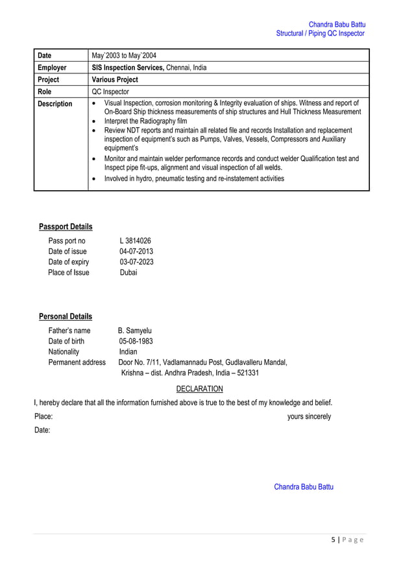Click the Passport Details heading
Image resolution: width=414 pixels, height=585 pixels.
pyautogui.click(x=66, y=227)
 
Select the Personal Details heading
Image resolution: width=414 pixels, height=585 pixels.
pyautogui.click(x=66, y=316)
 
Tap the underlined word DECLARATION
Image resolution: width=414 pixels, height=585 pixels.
pyautogui.click(x=199, y=389)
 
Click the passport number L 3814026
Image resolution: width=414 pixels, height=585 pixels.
pyautogui.click(x=135, y=241)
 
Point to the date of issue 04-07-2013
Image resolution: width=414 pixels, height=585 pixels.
pyautogui.click(x=136, y=251)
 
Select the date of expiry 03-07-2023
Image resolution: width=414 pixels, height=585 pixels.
pyautogui.click(x=136, y=262)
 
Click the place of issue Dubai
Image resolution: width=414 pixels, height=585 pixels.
pyautogui.click(x=128, y=272)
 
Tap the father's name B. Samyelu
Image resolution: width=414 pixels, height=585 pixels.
pyautogui.click(x=134, y=330)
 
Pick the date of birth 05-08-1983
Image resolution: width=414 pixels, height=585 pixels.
pyautogui.click(x=136, y=341)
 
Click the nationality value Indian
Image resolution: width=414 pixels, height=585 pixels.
pyautogui.click(x=128, y=351)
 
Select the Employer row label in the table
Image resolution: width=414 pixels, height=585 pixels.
pyautogui.click(x=52, y=68)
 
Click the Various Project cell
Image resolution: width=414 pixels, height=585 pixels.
pyautogui.click(x=115, y=80)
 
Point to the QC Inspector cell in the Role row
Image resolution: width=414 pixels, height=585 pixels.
pyautogui.click(x=110, y=92)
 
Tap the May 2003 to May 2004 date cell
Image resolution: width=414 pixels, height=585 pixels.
pyautogui.click(x=124, y=55)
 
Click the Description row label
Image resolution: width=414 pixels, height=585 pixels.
pyautogui.click(x=55, y=104)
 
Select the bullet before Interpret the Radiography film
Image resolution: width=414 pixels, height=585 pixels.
pyautogui.click(x=95, y=121)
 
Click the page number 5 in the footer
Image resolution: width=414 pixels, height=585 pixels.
pyautogui.click(x=333, y=540)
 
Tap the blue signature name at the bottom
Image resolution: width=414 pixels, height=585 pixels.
pyautogui.click(x=303, y=486)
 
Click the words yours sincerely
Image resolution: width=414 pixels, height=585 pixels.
pyautogui.click(x=309, y=416)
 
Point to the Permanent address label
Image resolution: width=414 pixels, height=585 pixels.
pyautogui.click(x=77, y=362)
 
